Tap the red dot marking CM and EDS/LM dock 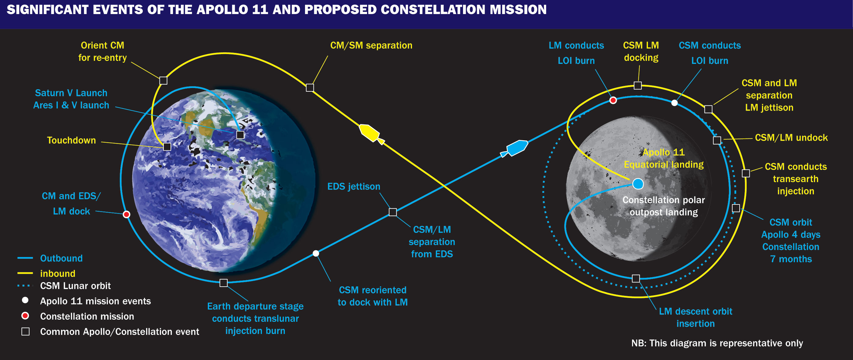click(x=126, y=214)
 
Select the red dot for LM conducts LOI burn click(x=613, y=100)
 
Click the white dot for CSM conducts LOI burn click(x=674, y=103)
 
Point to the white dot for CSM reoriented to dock click(x=316, y=253)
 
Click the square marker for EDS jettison click(x=392, y=212)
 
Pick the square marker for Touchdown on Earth click(x=167, y=146)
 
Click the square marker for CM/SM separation click(x=310, y=87)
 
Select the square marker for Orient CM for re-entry click(x=163, y=80)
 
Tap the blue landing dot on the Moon click(x=638, y=184)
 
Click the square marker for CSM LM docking click(x=638, y=86)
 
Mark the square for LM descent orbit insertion click(x=636, y=278)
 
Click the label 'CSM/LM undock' click(x=791, y=138)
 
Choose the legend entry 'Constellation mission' click(x=87, y=316)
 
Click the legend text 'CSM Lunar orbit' click(x=75, y=286)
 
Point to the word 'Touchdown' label click(x=71, y=140)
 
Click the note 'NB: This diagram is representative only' click(x=717, y=343)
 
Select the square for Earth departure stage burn click(x=223, y=283)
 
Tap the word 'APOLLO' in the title click(x=222, y=9)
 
